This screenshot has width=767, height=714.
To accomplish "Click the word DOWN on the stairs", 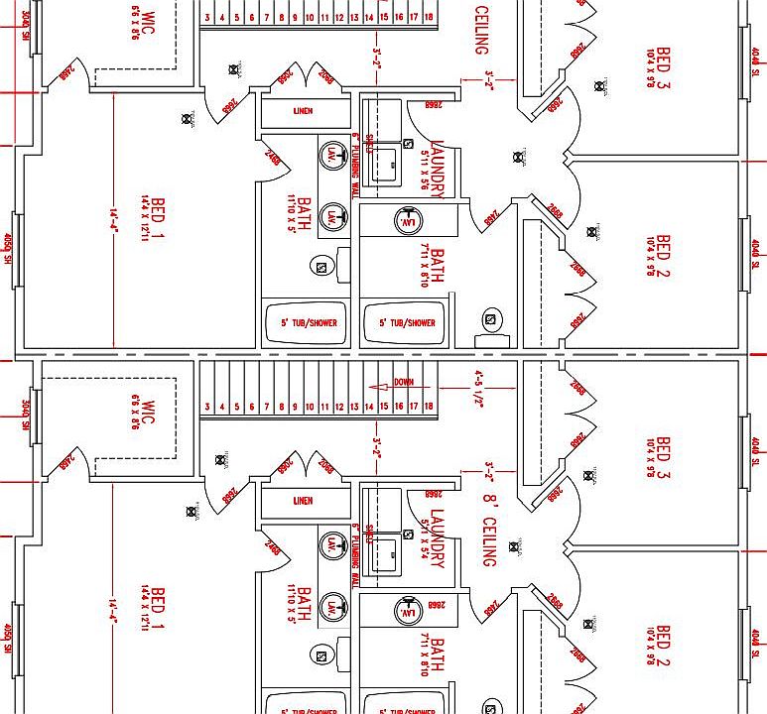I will click(x=404, y=382).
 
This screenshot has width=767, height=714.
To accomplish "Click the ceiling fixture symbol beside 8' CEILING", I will click(x=515, y=545).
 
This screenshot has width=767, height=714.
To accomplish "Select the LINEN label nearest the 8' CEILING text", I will click(x=303, y=501).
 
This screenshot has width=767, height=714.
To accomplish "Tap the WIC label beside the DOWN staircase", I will click(x=149, y=414).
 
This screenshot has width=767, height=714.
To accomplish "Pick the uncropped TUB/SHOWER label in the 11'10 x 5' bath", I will click(x=303, y=323).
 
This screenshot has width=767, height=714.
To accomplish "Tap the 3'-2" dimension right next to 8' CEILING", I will click(x=488, y=467).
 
